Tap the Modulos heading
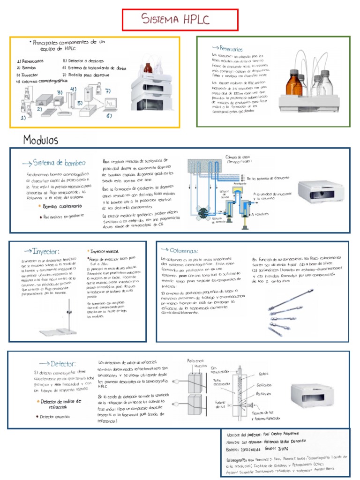pos(41,140)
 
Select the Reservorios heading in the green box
pos(228,49)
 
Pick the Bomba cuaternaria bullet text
pos(63,206)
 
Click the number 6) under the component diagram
pos(109,115)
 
